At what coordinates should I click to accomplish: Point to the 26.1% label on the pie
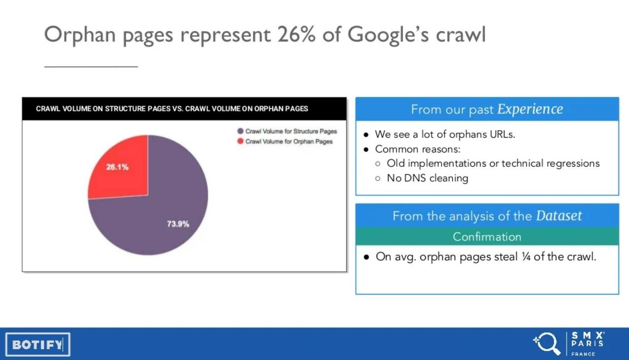coord(117,167)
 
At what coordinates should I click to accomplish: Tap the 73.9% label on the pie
coord(178,224)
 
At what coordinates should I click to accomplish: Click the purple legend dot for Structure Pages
coord(240,131)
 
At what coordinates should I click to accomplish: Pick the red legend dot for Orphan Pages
coord(240,141)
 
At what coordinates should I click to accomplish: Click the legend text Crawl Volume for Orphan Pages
coord(289,142)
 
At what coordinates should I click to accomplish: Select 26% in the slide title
coord(296,34)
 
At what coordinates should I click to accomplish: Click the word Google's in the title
coord(388,36)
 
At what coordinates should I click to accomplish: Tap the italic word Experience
coord(530,109)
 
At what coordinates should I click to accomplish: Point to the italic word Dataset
coord(559,216)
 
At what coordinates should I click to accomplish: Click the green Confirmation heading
coord(487,237)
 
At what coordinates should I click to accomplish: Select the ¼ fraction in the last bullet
coord(526,257)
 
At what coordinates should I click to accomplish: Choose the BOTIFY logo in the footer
coord(38,345)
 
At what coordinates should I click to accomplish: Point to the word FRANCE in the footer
coord(583,354)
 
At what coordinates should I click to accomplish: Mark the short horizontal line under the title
coord(91,67)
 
